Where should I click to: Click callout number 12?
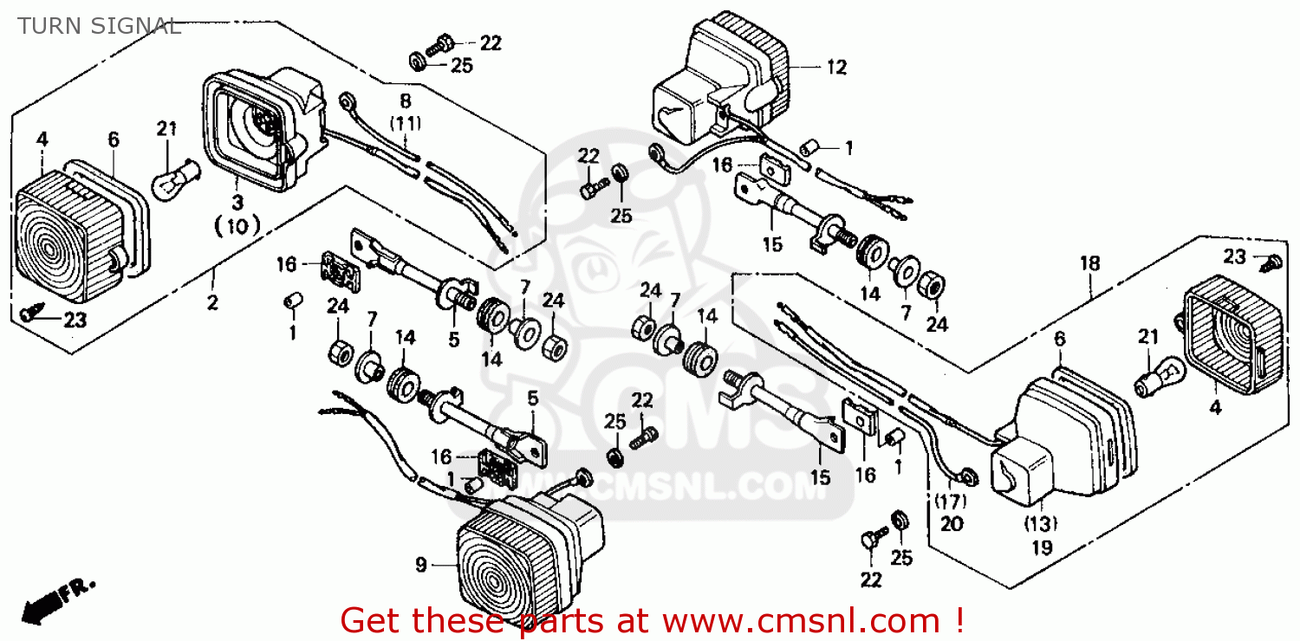(x=836, y=67)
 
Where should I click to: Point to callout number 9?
(x=421, y=566)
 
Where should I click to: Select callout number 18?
(x=1089, y=262)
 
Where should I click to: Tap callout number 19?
(x=1042, y=547)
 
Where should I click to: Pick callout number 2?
(x=212, y=303)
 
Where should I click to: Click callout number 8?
(x=406, y=101)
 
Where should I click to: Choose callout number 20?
(x=952, y=524)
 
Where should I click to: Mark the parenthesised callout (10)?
(x=237, y=227)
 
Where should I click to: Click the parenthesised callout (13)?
(x=1042, y=523)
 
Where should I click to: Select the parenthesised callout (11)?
(x=406, y=123)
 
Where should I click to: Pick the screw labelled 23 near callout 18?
(x=1269, y=261)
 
